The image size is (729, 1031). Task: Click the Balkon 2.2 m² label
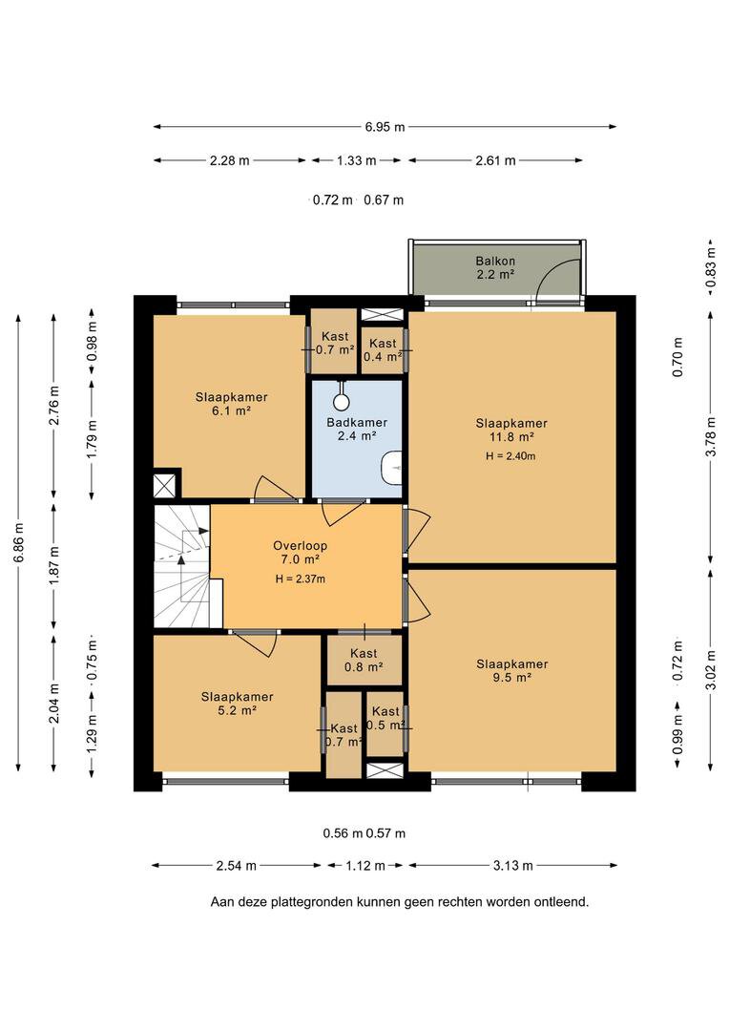[495, 267]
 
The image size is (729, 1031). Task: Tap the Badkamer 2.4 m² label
[357, 429]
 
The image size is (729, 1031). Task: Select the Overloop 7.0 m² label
[300, 553]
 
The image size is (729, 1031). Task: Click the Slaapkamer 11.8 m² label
[511, 430]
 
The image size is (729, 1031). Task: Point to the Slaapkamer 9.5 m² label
[512, 671]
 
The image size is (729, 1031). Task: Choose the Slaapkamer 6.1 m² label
[231, 404]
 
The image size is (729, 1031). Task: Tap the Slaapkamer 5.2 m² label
[237, 704]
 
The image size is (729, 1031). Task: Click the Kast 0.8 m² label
[364, 661]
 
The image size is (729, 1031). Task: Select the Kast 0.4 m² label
[383, 349]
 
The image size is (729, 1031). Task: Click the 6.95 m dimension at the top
[385, 127]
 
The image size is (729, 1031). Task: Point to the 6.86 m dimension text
[19, 542]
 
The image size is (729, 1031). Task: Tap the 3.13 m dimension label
[512, 865]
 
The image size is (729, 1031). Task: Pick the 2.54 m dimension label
[236, 865]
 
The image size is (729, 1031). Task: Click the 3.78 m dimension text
[711, 436]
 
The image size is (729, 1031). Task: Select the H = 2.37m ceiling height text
[300, 579]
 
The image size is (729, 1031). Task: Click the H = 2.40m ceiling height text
[510, 455]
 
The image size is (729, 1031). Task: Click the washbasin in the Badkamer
[392, 467]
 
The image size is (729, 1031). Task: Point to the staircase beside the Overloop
[182, 566]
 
